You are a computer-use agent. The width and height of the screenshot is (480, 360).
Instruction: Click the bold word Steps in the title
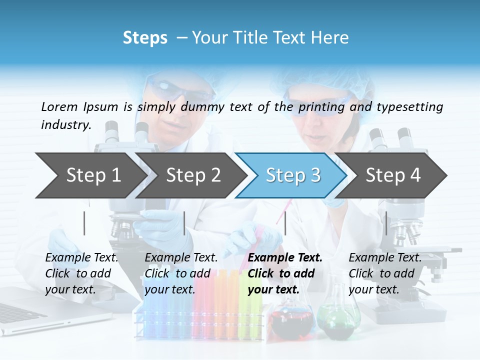pos(145,38)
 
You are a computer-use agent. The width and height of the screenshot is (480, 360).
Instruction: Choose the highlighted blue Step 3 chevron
pos(292,175)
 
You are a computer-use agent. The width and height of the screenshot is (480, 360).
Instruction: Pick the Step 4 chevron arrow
pos(392,175)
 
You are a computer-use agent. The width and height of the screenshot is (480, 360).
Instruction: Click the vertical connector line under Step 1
pos(84,223)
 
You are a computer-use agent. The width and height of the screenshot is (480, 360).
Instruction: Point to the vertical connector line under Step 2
pos(184,223)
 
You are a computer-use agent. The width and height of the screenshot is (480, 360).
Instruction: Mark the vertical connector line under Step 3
pos(285,223)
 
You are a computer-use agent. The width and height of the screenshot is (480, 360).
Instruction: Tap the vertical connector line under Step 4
pos(386,223)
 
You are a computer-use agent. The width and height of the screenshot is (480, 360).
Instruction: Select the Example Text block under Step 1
pos(81,273)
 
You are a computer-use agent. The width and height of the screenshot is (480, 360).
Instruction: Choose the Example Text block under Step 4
pos(385,273)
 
